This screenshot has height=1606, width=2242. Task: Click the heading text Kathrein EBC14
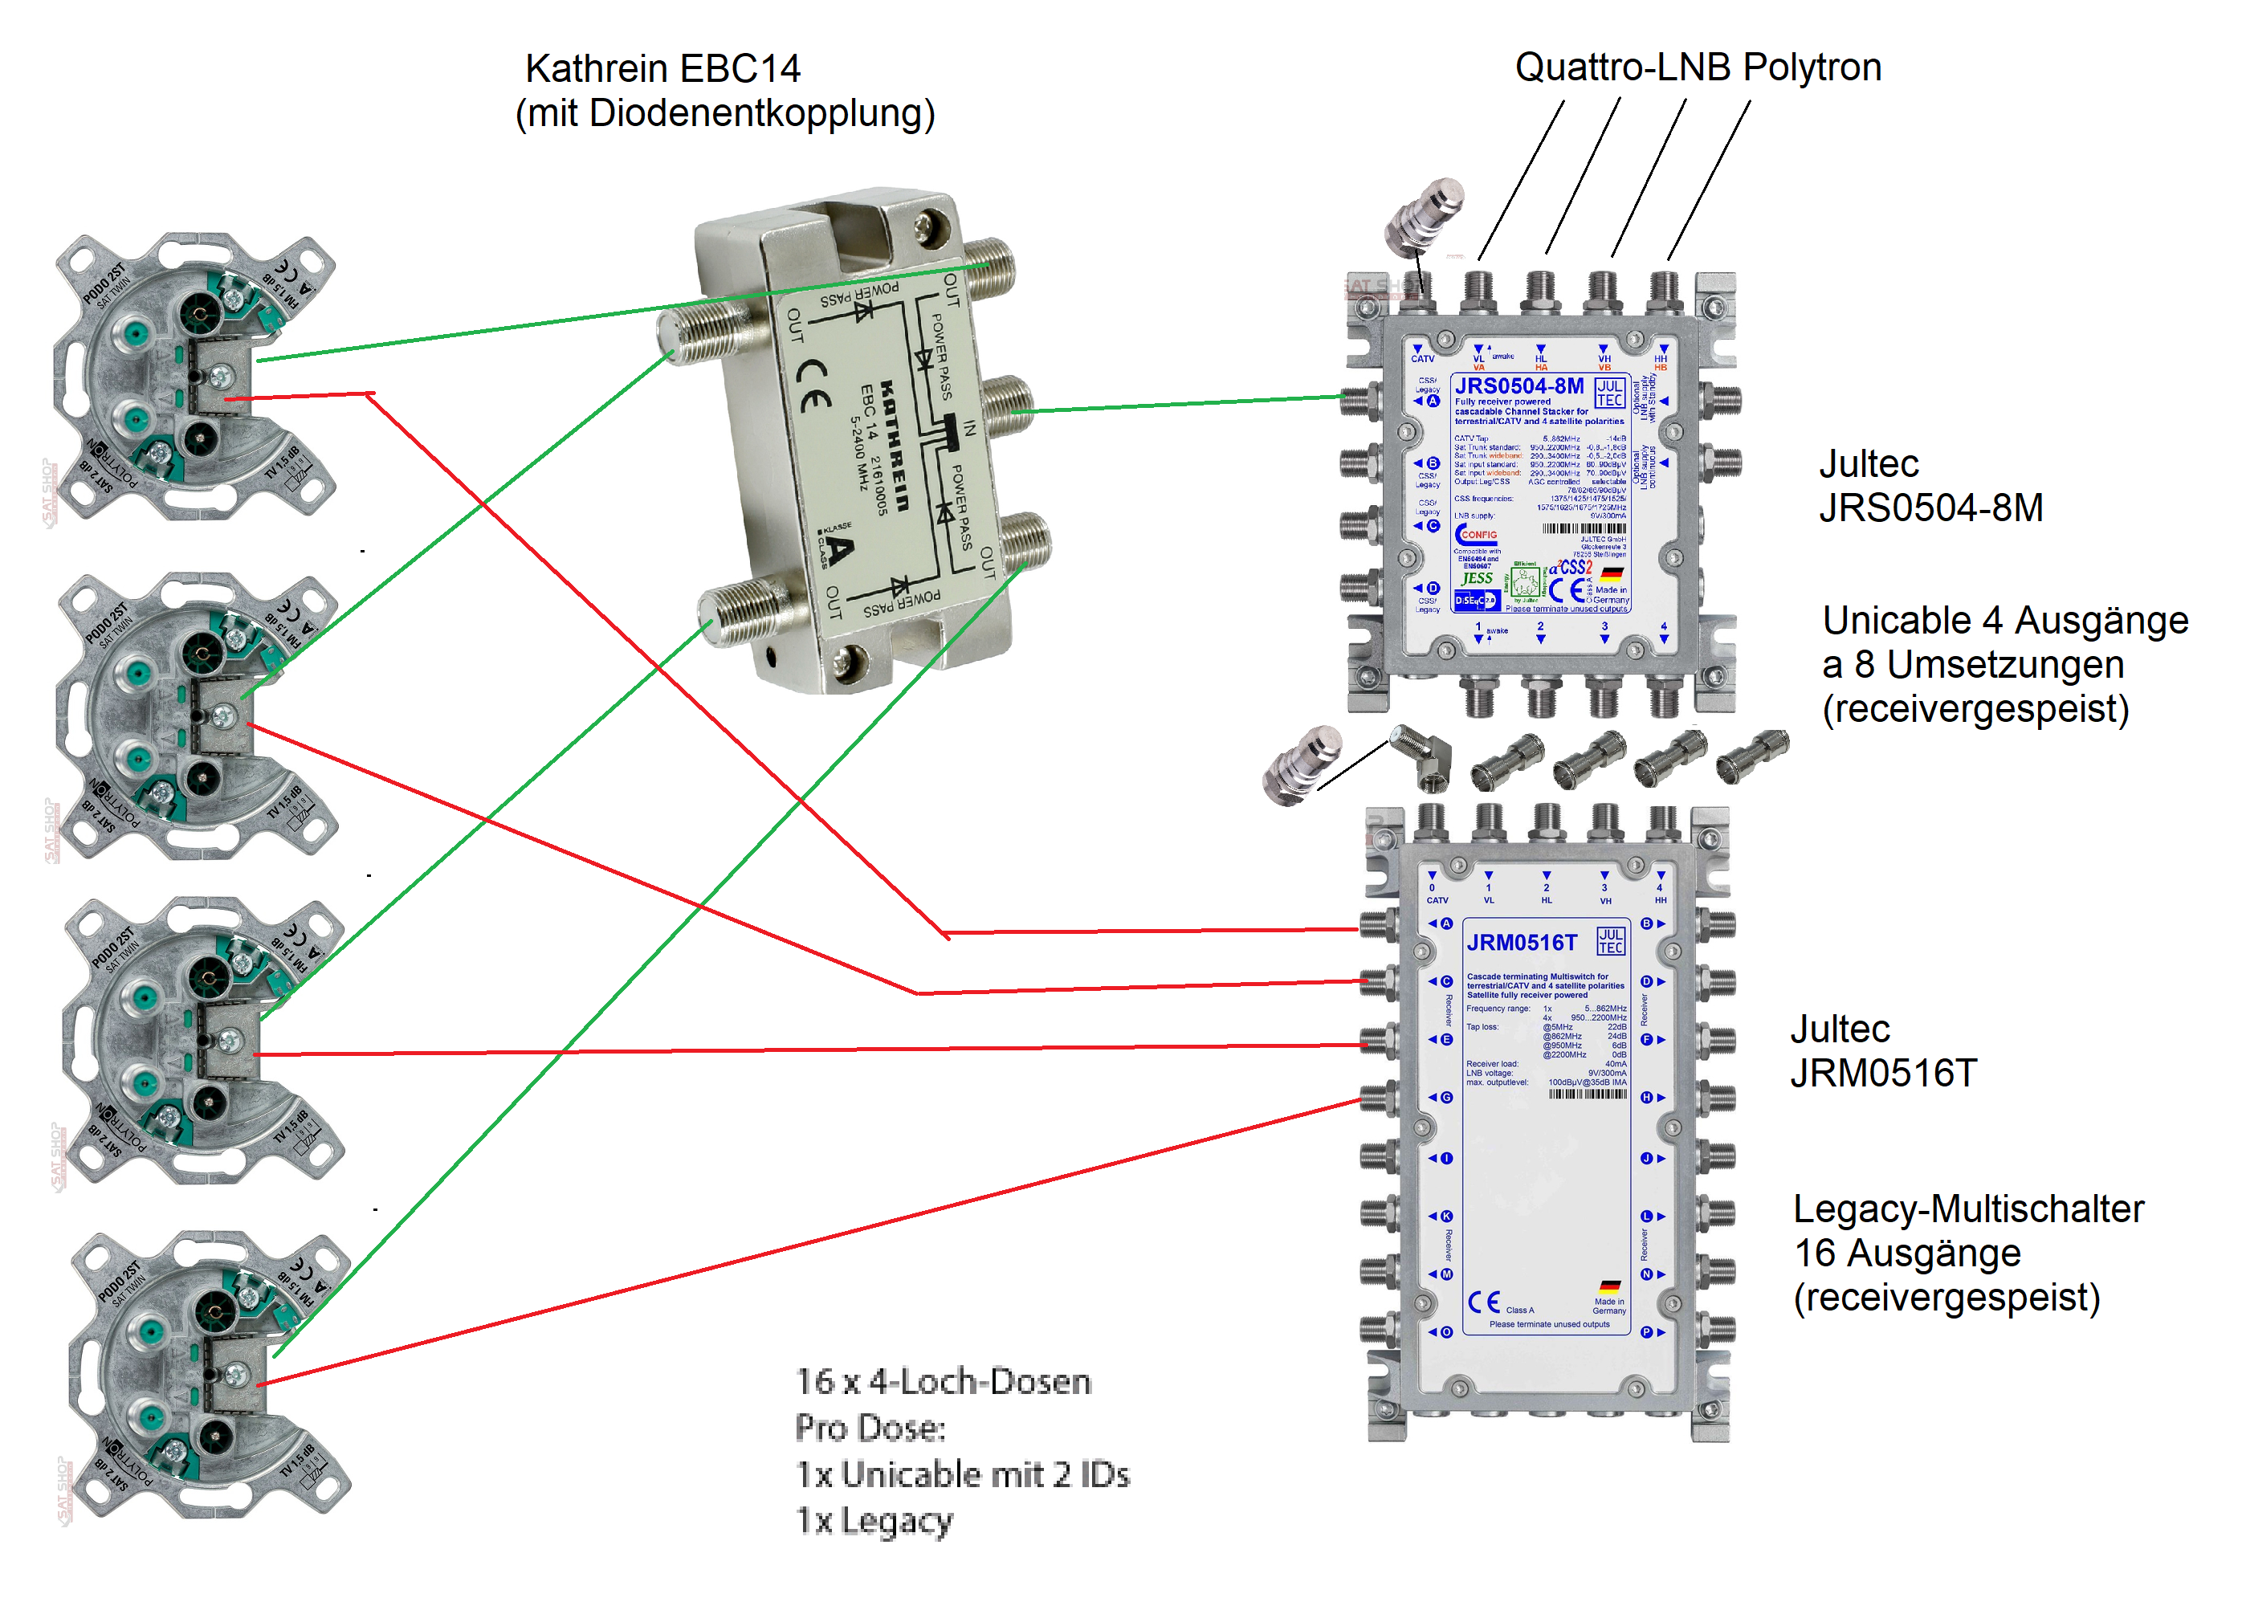[662, 68]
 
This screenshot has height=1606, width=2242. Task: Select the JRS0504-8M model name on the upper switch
[1518, 385]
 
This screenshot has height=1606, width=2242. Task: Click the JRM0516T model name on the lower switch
[1522, 942]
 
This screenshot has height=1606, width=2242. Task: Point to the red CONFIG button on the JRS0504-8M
[1477, 535]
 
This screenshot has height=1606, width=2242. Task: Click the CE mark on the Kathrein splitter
[813, 385]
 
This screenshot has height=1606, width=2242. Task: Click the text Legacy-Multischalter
[1967, 1209]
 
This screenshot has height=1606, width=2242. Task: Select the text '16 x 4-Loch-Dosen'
[943, 1380]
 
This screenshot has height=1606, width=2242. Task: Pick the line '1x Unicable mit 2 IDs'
[962, 1474]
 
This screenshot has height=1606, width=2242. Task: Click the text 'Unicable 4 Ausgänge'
[2005, 620]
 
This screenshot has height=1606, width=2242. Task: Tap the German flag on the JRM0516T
[1609, 1286]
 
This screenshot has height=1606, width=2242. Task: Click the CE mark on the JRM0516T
[1483, 1302]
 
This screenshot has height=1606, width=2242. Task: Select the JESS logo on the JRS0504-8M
[1477, 578]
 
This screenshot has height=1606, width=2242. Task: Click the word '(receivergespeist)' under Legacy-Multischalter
[1946, 1297]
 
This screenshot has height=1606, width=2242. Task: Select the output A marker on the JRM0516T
[1445, 923]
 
